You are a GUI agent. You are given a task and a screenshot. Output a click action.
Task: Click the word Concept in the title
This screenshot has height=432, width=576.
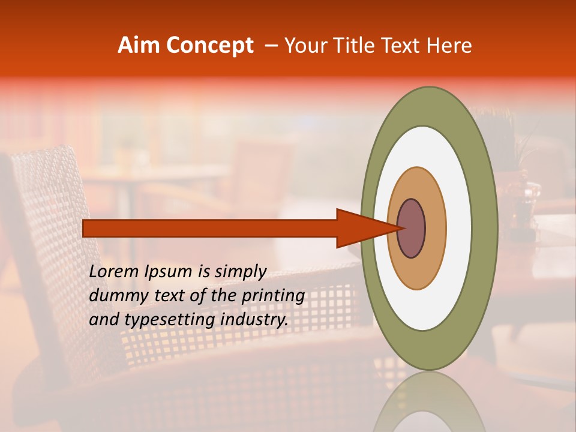[x=209, y=45]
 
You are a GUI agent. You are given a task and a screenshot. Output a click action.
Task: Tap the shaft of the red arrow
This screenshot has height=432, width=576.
[x=210, y=228]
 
